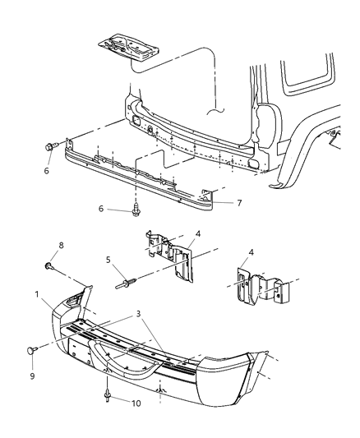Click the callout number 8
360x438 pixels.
[59, 245]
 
